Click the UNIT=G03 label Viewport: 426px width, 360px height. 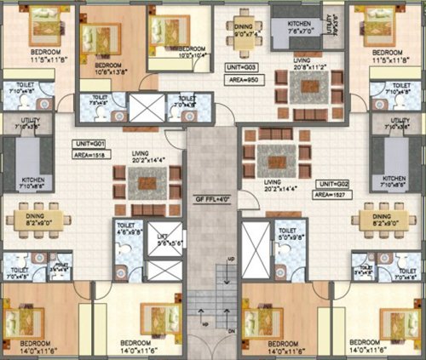tap(241, 65)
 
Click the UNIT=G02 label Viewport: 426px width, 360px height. tap(331, 184)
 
